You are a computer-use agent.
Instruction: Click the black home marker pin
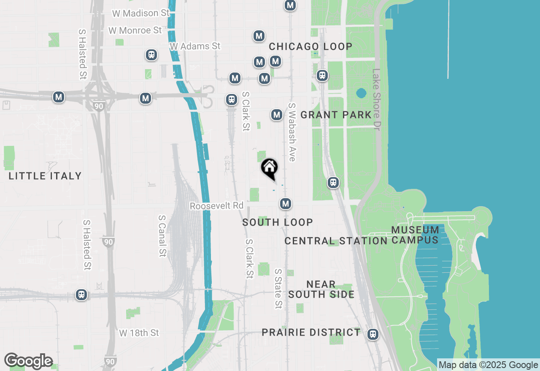[x=269, y=168]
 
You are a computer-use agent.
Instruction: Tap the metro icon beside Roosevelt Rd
[x=286, y=204]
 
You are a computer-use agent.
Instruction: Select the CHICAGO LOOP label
[x=310, y=46]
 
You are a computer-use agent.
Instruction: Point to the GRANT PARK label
[x=336, y=115]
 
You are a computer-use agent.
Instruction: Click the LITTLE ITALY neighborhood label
[x=45, y=176]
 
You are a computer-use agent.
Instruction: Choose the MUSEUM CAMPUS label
[x=415, y=235]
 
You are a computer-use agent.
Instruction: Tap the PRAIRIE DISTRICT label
[x=311, y=332]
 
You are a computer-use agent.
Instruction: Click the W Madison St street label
[x=140, y=13]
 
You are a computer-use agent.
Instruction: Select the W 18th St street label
[x=139, y=333]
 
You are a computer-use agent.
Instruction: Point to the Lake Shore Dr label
[x=376, y=99]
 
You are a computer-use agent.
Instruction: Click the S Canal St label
[x=162, y=236]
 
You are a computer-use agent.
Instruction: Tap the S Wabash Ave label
[x=292, y=132]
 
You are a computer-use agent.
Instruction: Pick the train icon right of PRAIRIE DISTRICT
[x=373, y=334]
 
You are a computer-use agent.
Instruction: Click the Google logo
[x=28, y=361]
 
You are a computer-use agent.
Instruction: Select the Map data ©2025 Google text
[x=489, y=365]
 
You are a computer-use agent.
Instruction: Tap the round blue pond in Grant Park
[x=361, y=93]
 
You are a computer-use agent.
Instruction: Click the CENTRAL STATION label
[x=336, y=241]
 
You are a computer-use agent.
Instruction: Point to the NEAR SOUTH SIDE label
[x=321, y=289]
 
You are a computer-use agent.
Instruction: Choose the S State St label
[x=278, y=289]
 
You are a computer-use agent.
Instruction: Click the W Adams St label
[x=195, y=46]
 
